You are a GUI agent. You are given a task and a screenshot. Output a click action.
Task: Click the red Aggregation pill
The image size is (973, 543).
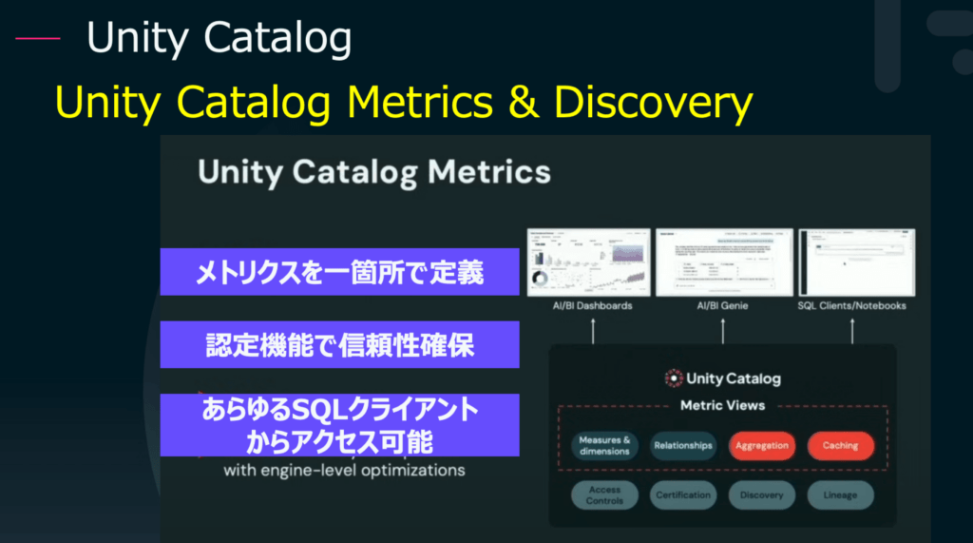(761, 445)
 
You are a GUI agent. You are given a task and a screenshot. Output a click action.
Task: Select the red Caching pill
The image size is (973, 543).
(840, 445)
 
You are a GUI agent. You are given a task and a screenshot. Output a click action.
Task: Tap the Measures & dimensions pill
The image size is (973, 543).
(604, 445)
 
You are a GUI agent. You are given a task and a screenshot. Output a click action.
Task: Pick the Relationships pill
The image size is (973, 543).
(682, 445)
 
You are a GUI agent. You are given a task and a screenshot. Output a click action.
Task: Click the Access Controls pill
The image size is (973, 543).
(604, 495)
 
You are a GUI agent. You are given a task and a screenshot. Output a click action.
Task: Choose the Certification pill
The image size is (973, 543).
(682, 495)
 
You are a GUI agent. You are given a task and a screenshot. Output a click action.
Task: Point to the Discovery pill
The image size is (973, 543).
(761, 495)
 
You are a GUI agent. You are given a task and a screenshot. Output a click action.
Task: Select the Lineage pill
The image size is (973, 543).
(840, 495)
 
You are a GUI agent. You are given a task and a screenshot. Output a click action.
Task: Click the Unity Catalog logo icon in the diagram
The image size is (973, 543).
(674, 378)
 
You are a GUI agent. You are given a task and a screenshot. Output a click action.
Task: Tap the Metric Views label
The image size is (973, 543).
(723, 405)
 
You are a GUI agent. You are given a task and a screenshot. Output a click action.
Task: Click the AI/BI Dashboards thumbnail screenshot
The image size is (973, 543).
(589, 262)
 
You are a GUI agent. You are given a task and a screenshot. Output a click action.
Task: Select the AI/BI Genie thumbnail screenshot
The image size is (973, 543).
(723, 262)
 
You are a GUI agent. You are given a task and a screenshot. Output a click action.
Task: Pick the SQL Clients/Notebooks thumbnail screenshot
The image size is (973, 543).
(856, 262)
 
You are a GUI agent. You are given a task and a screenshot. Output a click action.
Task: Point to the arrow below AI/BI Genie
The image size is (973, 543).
(723, 330)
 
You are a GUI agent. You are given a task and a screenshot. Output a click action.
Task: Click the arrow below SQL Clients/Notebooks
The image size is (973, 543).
(852, 330)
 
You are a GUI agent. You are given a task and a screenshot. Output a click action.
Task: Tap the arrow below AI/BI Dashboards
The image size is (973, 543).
(592, 330)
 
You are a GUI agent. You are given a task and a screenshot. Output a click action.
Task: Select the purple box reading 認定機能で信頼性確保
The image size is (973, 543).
(339, 344)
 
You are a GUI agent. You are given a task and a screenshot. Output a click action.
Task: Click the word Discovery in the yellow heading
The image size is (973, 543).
(654, 103)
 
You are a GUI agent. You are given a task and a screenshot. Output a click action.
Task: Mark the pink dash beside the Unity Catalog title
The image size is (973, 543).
(38, 39)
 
